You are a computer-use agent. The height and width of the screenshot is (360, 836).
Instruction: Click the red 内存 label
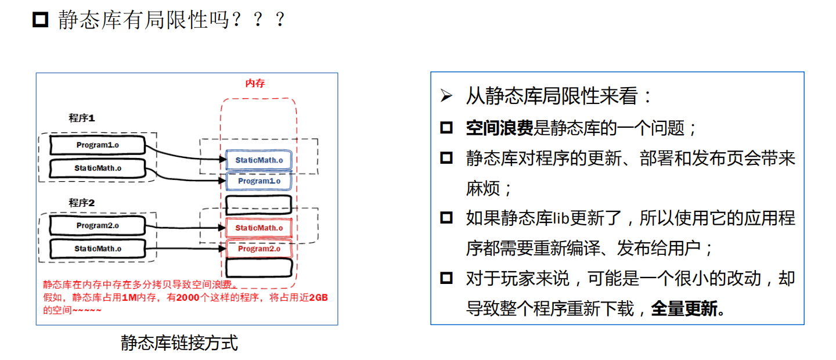tap(255, 84)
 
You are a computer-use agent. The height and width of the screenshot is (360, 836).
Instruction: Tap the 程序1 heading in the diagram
tap(81, 118)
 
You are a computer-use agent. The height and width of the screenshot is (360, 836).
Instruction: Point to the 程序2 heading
tap(81, 203)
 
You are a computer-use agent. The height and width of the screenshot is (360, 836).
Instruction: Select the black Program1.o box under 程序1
tap(97, 145)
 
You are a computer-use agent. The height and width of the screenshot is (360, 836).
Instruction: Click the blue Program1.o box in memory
tap(258, 181)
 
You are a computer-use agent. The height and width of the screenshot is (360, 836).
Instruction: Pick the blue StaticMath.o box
tap(258, 160)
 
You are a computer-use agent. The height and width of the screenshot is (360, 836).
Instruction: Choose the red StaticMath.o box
tap(258, 228)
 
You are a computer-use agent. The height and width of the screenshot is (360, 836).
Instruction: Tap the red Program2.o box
tap(258, 249)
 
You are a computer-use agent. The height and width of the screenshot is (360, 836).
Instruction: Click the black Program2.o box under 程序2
tap(97, 225)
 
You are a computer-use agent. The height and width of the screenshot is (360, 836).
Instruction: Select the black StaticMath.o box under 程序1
tap(97, 168)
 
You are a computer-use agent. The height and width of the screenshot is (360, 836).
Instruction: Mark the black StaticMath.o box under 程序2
tap(97, 249)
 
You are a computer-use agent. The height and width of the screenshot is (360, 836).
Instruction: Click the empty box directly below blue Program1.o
tap(258, 204)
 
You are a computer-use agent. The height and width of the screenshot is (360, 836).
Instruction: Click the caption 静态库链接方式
tap(179, 343)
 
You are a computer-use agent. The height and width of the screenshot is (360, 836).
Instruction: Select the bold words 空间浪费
tap(499, 128)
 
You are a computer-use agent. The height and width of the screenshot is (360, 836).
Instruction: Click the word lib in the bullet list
tap(560, 218)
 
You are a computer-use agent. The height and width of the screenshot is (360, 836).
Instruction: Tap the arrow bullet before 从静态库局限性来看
tap(446, 96)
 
